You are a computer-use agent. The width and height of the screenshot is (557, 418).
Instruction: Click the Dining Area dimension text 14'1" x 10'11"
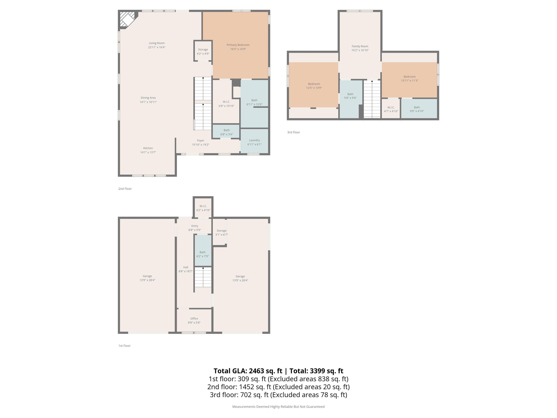coord(148,102)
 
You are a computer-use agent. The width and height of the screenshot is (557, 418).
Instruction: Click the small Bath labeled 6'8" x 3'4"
coord(226,132)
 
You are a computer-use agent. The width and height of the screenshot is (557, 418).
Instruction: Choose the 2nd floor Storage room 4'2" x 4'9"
coord(203,51)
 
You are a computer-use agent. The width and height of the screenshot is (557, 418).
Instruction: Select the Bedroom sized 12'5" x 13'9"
coord(314,86)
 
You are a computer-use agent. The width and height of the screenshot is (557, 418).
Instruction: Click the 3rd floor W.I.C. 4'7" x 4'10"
coord(391,109)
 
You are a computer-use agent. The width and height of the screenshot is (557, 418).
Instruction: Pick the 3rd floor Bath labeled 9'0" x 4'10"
coord(416,109)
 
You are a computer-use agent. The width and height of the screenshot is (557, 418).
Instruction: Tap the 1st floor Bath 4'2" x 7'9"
coord(203,254)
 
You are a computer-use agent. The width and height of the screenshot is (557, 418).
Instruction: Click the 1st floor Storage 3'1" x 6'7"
coord(221,232)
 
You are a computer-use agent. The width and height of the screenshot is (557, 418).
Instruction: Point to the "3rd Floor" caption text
coord(293,132)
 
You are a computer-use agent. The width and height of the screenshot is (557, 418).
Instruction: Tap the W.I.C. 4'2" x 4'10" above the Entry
coord(203,208)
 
